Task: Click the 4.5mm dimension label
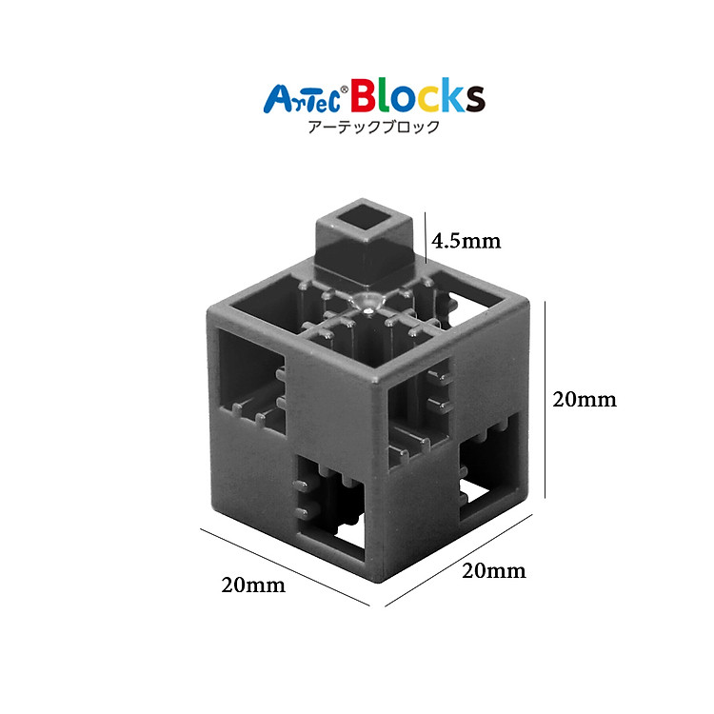tap(466, 240)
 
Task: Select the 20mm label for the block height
tap(585, 399)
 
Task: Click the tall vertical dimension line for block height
tap(545, 399)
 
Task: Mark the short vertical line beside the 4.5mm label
tap(426, 236)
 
